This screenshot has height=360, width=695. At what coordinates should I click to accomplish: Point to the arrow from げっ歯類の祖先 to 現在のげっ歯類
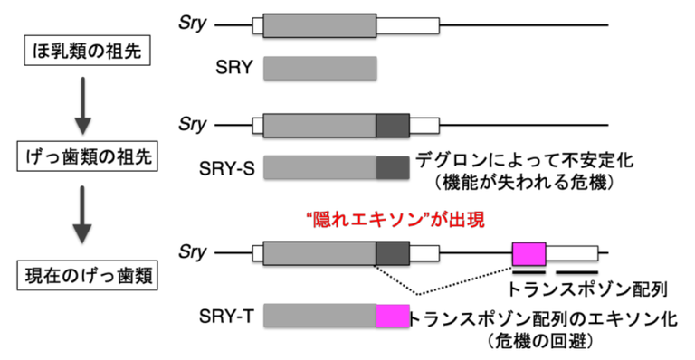click(x=82, y=216)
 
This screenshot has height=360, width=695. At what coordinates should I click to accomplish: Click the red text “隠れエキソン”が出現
click(x=397, y=218)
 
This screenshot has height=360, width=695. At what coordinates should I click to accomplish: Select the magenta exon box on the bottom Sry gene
click(x=528, y=253)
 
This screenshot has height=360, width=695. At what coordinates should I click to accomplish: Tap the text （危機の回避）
click(x=538, y=342)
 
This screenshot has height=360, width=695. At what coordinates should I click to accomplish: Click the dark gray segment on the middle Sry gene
click(x=393, y=125)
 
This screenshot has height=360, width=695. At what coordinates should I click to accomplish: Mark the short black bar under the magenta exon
click(x=528, y=270)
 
